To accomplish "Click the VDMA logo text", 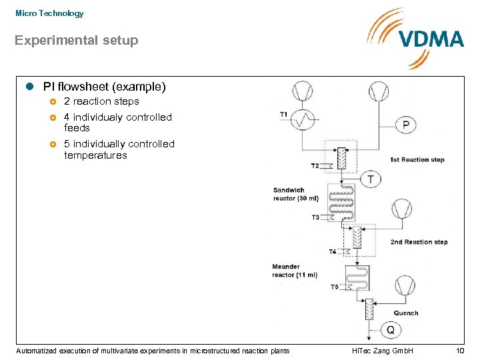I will [x=431, y=39].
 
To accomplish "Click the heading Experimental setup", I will [x=77, y=41].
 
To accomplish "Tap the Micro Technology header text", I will [x=49, y=13].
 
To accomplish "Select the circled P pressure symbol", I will [x=407, y=125].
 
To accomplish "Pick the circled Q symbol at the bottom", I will [x=390, y=330].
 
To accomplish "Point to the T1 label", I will [x=283, y=114].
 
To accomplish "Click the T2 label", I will [x=315, y=165].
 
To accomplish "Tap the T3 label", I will [x=315, y=217].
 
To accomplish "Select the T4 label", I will [x=333, y=251].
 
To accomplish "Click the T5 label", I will [x=335, y=287].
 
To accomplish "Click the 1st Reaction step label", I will [x=417, y=160].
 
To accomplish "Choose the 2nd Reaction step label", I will [x=419, y=242].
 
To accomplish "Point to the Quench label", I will [x=406, y=313].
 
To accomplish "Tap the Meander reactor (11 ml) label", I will [x=294, y=271].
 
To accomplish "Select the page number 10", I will [x=459, y=351].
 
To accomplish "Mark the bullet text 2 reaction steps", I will [x=101, y=101].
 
